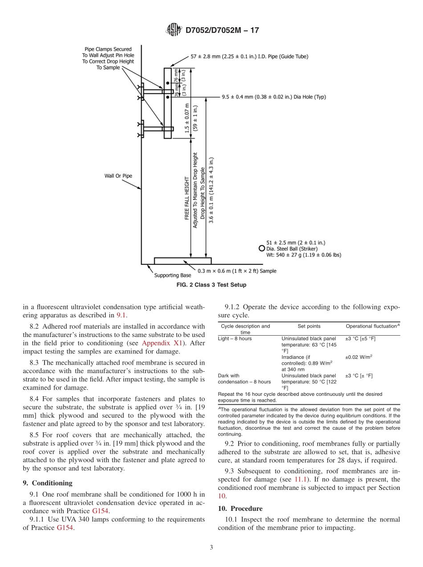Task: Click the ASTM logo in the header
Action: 174,30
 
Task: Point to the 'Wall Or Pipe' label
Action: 118,176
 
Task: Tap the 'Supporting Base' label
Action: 173,275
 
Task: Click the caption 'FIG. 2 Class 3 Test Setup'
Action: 211,285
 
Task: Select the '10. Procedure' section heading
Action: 240,509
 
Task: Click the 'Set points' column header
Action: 309,326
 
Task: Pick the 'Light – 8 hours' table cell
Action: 235,339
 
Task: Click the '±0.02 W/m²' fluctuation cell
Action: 359,357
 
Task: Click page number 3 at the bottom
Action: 211,547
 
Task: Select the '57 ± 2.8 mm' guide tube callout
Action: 249,57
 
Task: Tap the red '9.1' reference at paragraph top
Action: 121,315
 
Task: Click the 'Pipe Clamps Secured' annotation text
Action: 108,49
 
